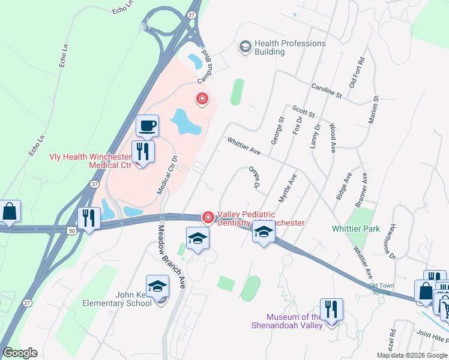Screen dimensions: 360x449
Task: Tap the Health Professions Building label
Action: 290,47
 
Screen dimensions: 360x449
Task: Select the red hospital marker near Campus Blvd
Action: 202,98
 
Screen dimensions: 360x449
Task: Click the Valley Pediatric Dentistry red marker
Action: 208,217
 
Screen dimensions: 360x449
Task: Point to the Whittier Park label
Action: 356,229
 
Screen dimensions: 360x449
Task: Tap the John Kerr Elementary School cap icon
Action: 157,287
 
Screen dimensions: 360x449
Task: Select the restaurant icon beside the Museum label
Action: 330,310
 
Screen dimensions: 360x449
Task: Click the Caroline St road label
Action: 326,91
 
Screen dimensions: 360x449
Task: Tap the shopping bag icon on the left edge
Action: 10,212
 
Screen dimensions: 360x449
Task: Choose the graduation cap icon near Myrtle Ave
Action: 263,233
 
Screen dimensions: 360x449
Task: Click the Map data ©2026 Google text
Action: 411,355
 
